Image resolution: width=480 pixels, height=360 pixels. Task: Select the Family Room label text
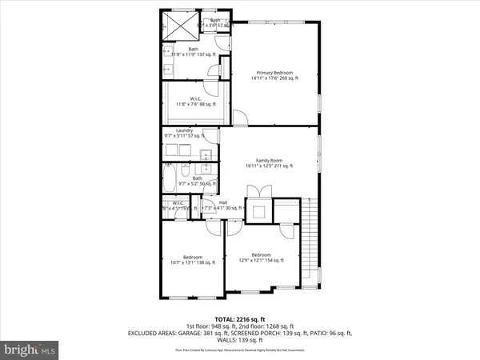(269, 163)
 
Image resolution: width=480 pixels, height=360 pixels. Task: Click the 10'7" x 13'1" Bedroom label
(192, 258)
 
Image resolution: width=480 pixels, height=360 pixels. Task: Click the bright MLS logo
(30, 349)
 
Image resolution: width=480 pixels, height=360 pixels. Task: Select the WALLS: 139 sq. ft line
(240, 341)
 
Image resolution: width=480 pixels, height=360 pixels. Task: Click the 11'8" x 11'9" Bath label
(194, 51)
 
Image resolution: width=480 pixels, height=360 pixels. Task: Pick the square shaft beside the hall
(258, 211)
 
